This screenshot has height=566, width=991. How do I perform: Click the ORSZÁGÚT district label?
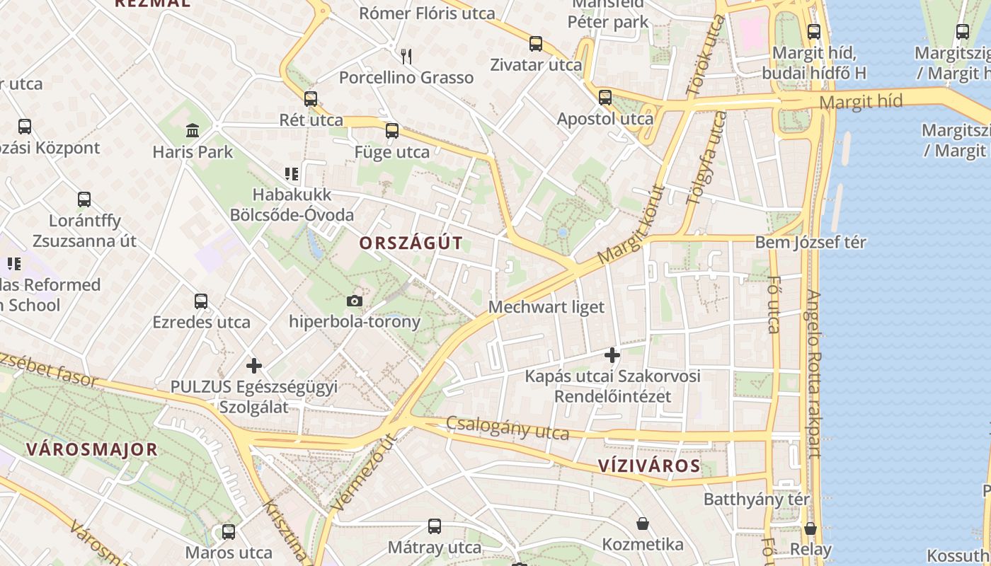[x=411, y=243]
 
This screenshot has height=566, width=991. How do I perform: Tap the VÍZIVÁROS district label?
[x=649, y=466]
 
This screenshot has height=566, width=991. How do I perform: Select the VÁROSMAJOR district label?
[x=91, y=449]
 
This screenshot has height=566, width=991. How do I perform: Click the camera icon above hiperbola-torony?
[x=355, y=301]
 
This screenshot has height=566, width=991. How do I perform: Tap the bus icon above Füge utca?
[x=392, y=131]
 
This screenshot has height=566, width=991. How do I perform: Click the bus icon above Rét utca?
[x=311, y=99]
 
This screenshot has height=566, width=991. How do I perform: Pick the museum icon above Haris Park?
[x=193, y=131]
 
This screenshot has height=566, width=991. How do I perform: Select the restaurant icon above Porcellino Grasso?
[x=406, y=56]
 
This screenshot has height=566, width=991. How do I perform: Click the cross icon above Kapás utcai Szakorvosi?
[x=612, y=355]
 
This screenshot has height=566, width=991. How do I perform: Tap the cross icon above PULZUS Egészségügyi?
[x=254, y=366]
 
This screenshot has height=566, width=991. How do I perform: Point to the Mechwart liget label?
[x=546, y=307]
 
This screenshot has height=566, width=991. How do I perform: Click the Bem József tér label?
[x=810, y=242]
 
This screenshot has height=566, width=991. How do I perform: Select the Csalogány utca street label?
[x=508, y=428]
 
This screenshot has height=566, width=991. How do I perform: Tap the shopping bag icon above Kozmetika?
[x=643, y=524]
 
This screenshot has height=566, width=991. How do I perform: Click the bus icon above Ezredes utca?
[x=201, y=301]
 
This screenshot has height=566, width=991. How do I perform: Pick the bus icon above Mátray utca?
[x=435, y=526]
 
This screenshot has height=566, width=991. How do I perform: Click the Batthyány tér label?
[x=756, y=499]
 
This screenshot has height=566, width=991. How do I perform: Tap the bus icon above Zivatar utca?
[x=536, y=44]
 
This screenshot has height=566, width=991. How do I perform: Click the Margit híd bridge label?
[x=861, y=102]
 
